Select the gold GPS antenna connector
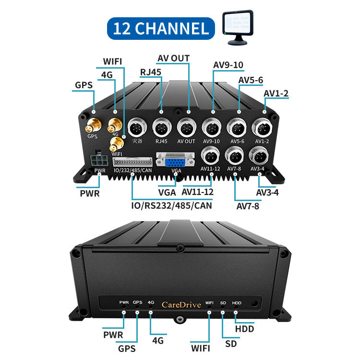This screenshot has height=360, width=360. (x=92, y=126)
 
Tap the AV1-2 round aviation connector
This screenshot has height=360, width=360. (x=262, y=128)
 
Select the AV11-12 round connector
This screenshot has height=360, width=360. (x=210, y=156)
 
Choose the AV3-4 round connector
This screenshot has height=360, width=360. (x=259, y=156)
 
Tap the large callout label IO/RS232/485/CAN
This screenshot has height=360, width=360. (x=172, y=205)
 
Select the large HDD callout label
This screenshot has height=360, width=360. (x=244, y=329)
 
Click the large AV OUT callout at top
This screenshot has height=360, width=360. (x=173, y=59)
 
